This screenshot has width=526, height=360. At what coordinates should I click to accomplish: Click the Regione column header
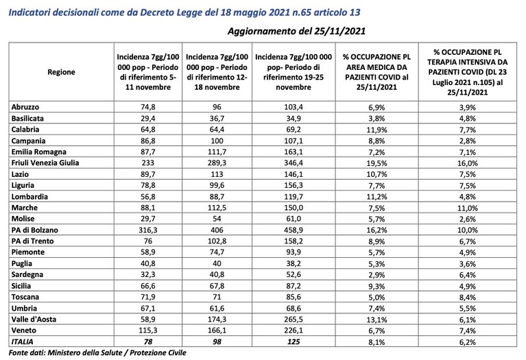point(61,72)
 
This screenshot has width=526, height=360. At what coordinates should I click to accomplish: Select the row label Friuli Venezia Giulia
point(45,163)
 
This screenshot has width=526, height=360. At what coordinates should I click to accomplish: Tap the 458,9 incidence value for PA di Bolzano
point(294,230)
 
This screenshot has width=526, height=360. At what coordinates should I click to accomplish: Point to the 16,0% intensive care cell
point(468,163)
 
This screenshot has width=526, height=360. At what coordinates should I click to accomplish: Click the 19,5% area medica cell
point(376,163)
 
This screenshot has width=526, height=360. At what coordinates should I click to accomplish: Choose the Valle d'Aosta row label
point(34,320)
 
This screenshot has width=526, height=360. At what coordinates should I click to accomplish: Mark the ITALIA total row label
point(23,342)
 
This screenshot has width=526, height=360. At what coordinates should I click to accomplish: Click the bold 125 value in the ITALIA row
point(294,342)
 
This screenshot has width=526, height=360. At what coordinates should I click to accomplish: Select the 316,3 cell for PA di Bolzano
point(148,230)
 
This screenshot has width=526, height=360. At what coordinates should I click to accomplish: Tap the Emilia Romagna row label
point(39,152)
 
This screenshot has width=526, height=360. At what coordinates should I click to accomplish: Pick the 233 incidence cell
point(148,163)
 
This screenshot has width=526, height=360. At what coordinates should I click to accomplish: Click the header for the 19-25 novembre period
point(294,72)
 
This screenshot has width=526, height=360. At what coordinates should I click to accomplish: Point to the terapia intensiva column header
point(468,72)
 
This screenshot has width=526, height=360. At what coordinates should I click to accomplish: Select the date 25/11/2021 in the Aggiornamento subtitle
point(340,32)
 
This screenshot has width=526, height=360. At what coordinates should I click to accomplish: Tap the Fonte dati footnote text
point(97,353)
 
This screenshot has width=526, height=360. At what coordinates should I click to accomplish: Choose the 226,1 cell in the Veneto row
point(294,331)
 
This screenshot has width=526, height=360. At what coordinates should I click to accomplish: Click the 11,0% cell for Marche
point(468,208)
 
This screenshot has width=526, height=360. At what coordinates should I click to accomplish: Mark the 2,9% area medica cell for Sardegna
point(376,275)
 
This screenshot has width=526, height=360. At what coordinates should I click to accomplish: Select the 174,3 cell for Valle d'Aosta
point(217,320)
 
